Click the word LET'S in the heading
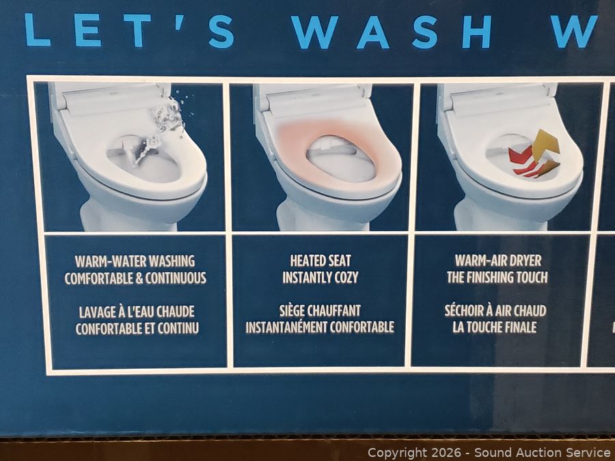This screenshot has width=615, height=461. pyautogui.click(x=129, y=30)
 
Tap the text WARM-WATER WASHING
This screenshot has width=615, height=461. pyautogui.click(x=135, y=261)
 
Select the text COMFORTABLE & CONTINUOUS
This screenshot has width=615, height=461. pyautogui.click(x=135, y=278)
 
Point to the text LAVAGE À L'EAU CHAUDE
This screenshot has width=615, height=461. pyautogui.click(x=137, y=312)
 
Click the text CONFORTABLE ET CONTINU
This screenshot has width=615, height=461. pyautogui.click(x=137, y=329)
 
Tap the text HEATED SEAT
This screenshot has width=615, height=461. pyautogui.click(x=320, y=261)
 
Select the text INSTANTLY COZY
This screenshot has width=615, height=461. pyautogui.click(x=320, y=277)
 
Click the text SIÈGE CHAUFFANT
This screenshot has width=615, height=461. pyautogui.click(x=320, y=311)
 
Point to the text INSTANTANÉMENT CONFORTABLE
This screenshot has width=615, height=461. pyautogui.click(x=320, y=327)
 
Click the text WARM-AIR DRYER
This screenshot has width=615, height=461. pyautogui.click(x=498, y=260)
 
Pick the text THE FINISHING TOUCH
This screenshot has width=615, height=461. pyautogui.click(x=497, y=277)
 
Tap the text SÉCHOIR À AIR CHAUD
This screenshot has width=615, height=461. pyautogui.click(x=495, y=311)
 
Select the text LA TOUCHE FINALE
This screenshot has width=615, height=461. pyautogui.click(x=495, y=327)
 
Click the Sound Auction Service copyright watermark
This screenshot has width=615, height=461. pyautogui.click(x=489, y=452)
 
